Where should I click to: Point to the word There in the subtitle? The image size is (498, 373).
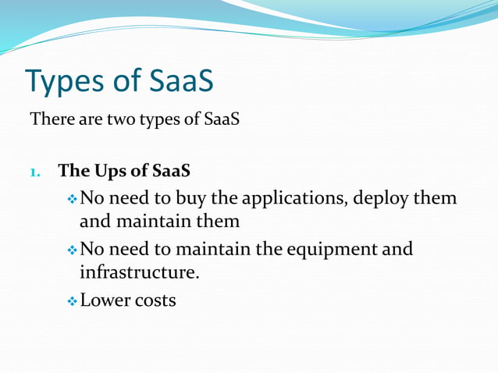(49, 121)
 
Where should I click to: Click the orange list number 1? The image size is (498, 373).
(35, 171)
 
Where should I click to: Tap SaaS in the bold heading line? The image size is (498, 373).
(171, 170)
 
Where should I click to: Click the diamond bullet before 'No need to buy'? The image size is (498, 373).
(72, 198)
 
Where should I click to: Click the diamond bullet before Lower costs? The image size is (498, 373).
(72, 300)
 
